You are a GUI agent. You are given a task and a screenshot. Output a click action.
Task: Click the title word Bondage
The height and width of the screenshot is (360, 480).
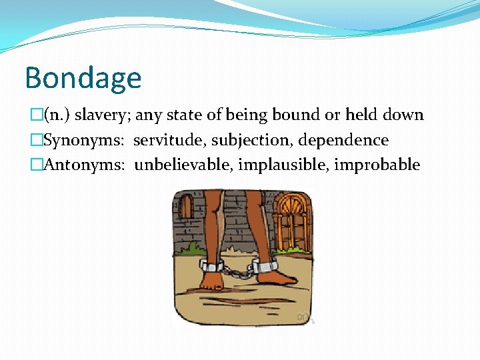coord(83,77)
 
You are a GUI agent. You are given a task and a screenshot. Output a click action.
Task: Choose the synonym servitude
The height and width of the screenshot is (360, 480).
coord(169,141)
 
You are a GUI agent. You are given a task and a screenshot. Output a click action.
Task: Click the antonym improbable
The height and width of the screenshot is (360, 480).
coord(377,165)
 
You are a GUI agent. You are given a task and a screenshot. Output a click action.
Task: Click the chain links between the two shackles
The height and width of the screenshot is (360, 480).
coord(237,271)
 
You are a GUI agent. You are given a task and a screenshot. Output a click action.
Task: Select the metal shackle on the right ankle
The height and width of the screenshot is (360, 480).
coord(265,267)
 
